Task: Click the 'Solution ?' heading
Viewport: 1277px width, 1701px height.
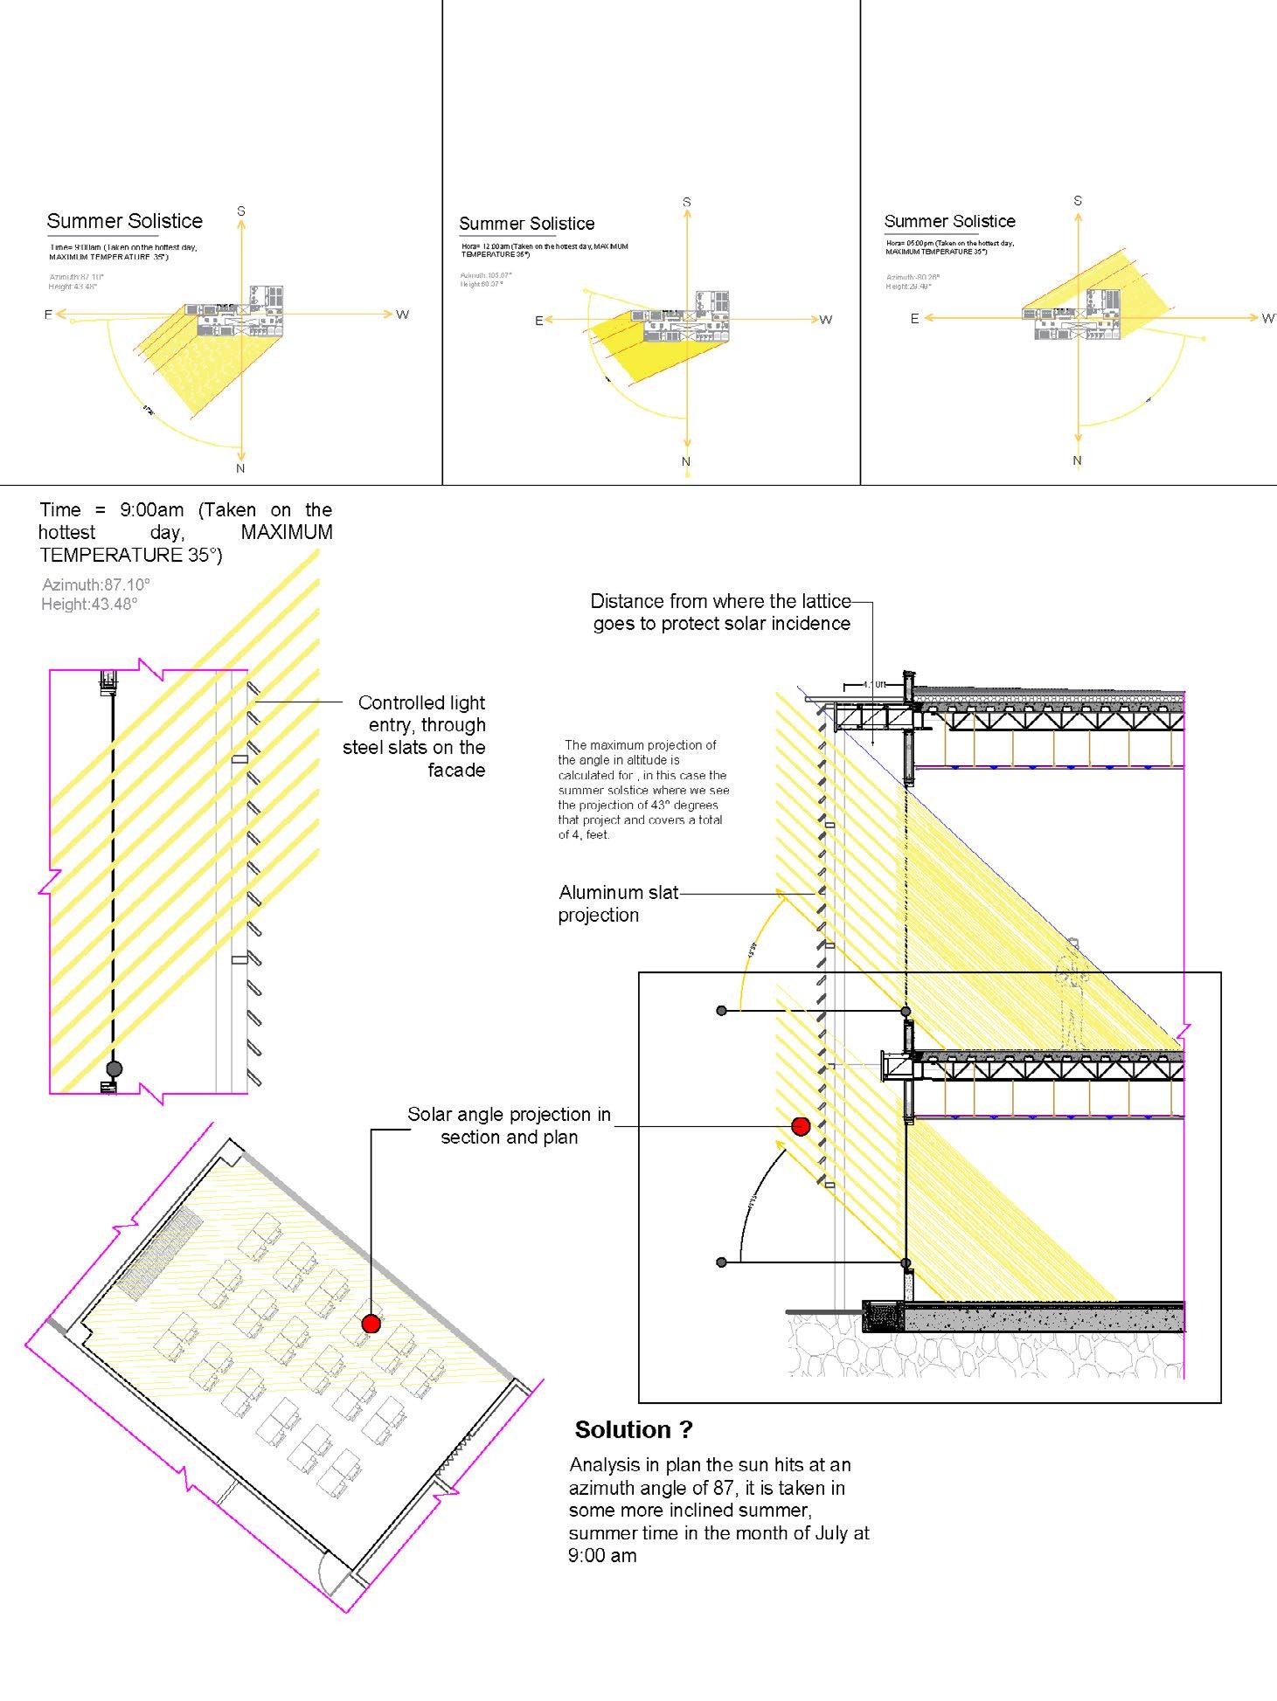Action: click(x=634, y=1429)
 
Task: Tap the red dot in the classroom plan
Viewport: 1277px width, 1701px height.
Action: click(x=371, y=1324)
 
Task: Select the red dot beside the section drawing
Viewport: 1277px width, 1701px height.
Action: click(x=800, y=1127)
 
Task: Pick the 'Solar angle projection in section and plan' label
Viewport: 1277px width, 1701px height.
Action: click(x=509, y=1125)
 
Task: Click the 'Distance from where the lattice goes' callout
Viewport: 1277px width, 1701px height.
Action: click(x=721, y=612)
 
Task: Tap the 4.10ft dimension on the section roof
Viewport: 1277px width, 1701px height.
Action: click(x=874, y=685)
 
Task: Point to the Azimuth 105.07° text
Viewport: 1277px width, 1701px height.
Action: click(x=486, y=275)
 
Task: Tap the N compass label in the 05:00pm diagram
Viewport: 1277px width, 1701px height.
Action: click(x=1077, y=460)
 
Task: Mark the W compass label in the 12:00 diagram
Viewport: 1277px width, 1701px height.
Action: click(x=826, y=320)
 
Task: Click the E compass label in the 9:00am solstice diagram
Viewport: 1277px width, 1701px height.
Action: click(x=48, y=315)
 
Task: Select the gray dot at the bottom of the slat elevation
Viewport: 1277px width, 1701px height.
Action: click(x=114, y=1068)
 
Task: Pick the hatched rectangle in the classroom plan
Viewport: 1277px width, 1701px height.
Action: click(x=161, y=1254)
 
